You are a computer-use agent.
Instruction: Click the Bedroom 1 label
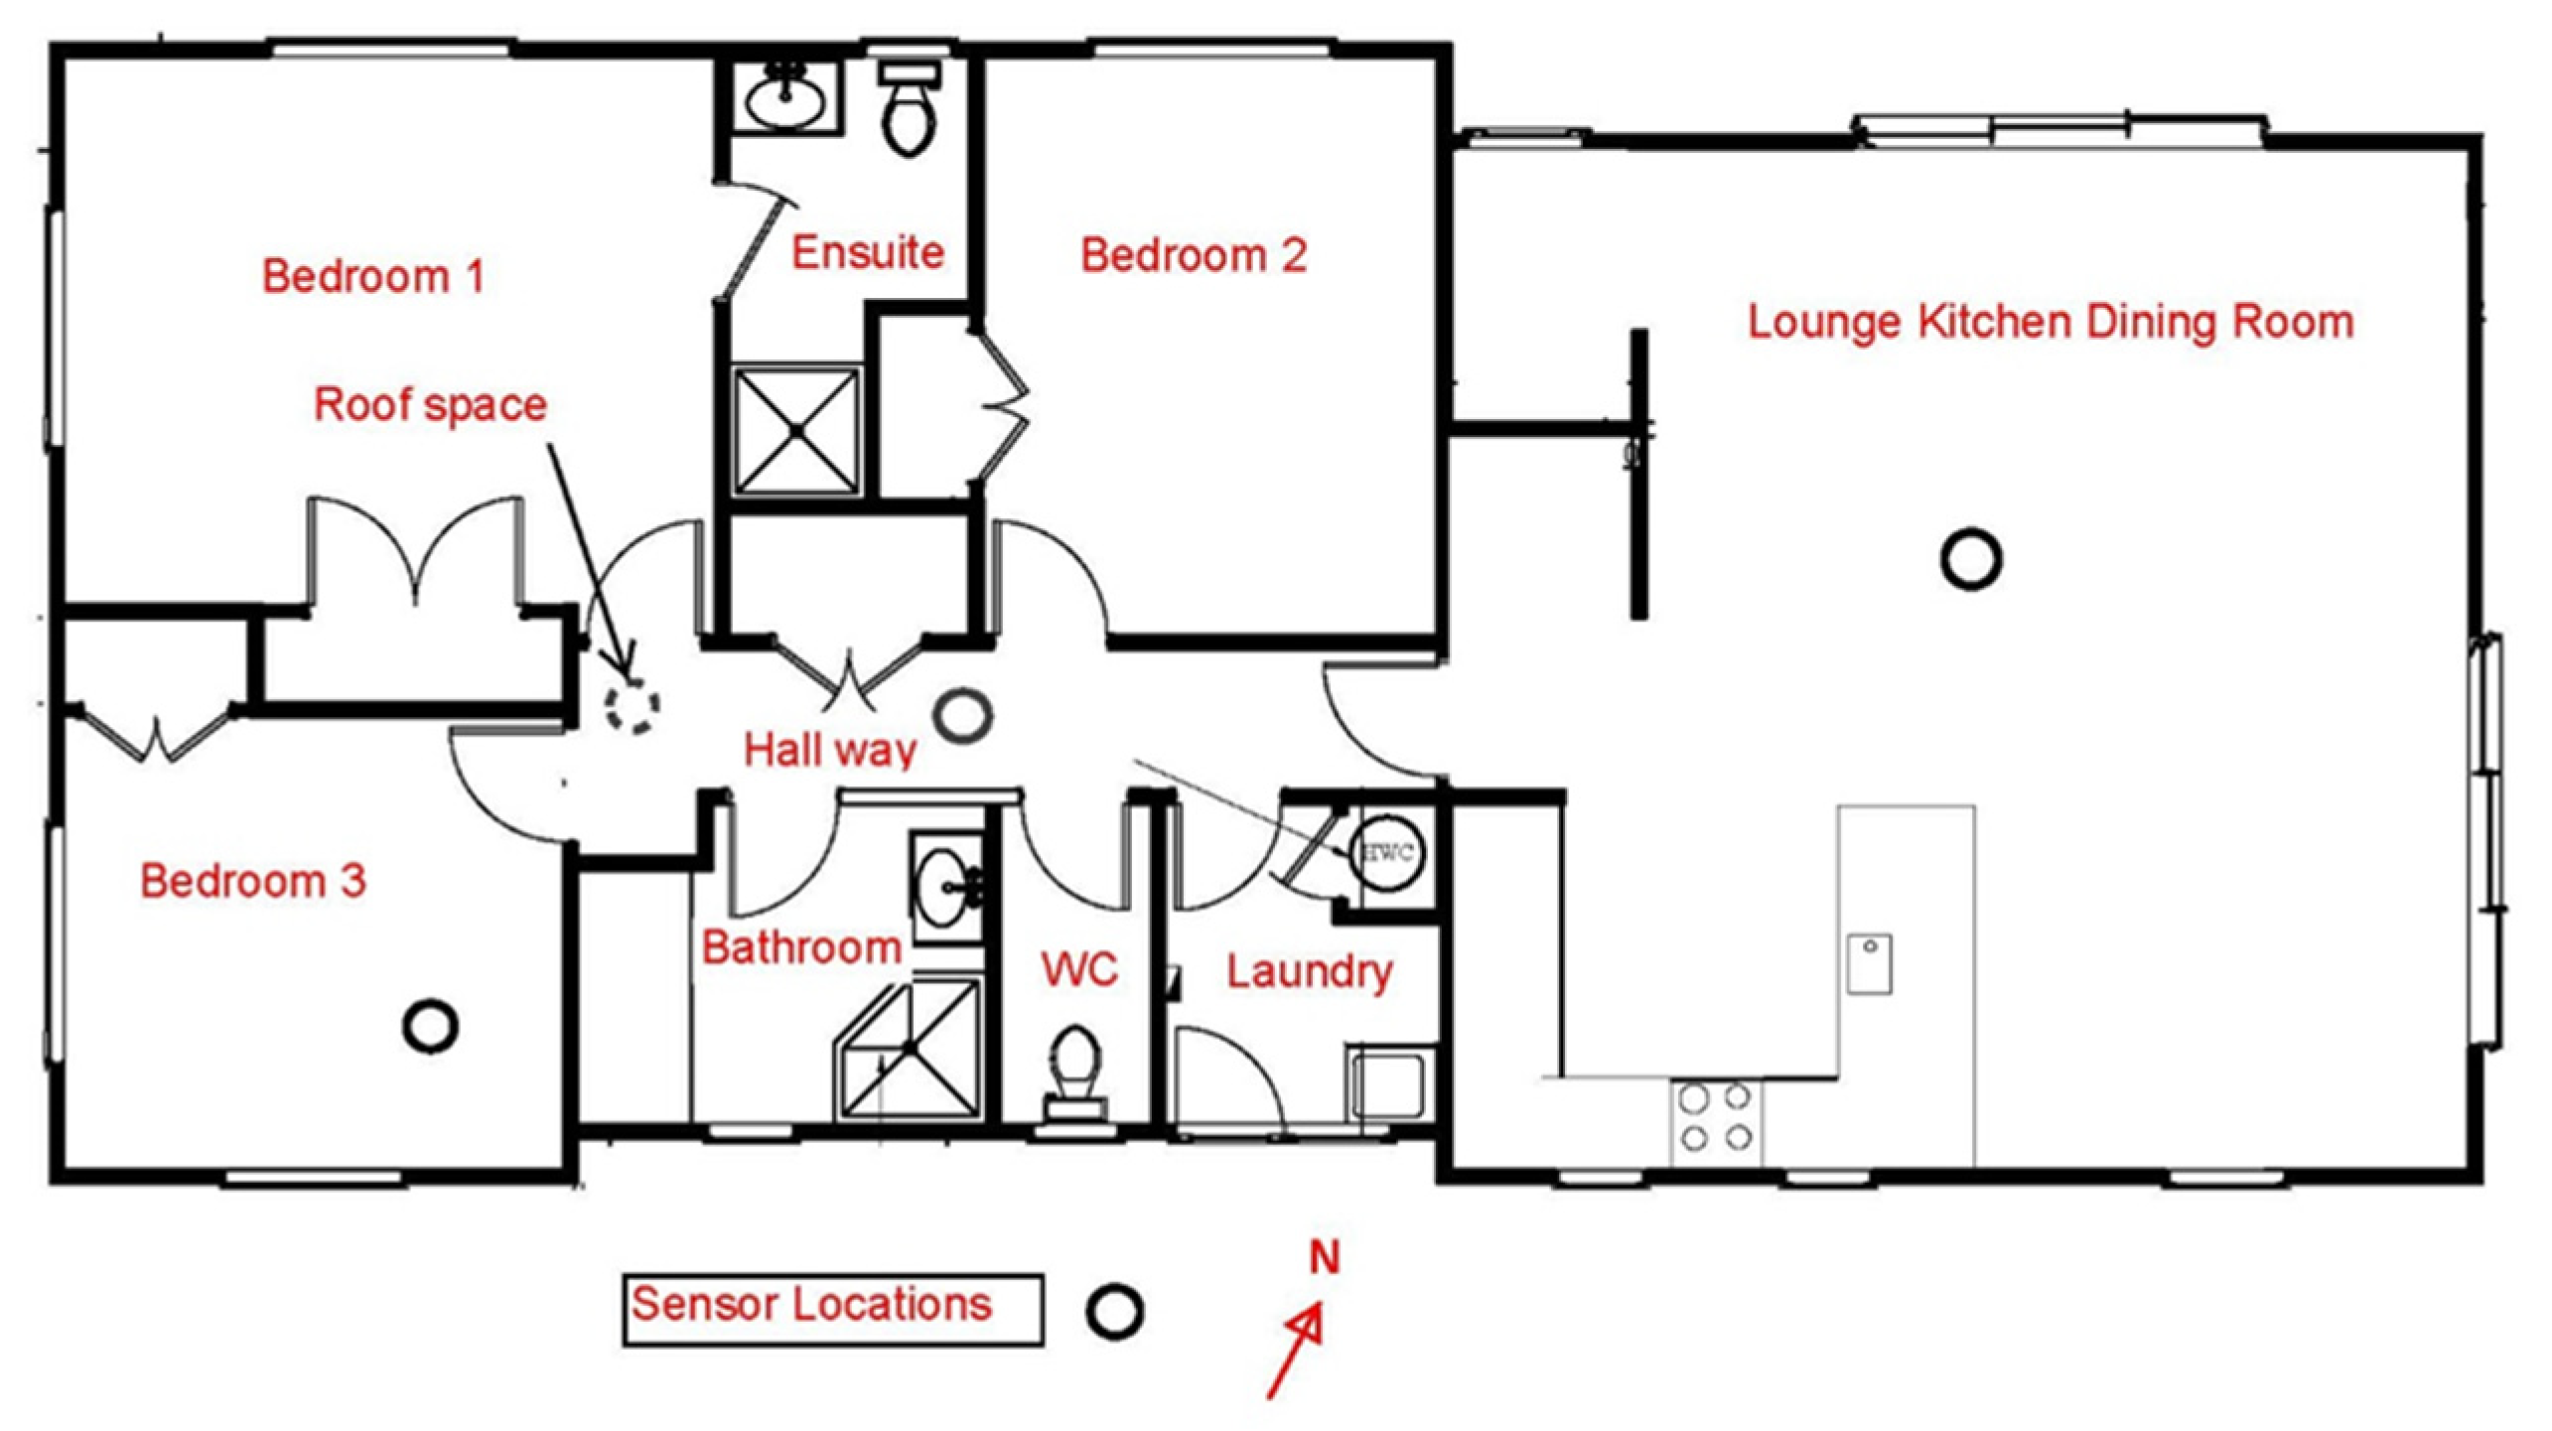click(x=373, y=276)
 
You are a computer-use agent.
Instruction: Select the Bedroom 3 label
click(x=253, y=880)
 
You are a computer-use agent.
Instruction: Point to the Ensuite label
click(x=867, y=251)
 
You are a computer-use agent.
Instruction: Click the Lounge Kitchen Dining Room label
click(x=2051, y=322)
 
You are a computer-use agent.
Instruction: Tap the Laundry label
click(x=1309, y=971)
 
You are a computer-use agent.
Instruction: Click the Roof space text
click(x=430, y=405)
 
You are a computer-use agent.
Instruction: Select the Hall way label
click(x=830, y=750)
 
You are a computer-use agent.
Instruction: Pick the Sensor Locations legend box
click(x=833, y=1311)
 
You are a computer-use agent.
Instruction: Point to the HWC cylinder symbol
click(x=1386, y=851)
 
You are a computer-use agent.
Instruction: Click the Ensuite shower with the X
click(x=796, y=430)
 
